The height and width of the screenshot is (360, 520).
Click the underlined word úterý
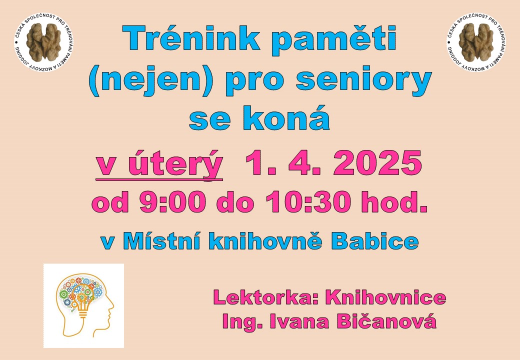pyautogui.click(x=175, y=163)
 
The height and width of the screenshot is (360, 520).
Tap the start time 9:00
pyautogui.click(x=172, y=202)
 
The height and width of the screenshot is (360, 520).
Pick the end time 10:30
pyautogui.click(x=308, y=202)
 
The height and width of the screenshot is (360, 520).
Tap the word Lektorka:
pyautogui.click(x=265, y=297)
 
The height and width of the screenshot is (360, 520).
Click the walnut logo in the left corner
pyautogui.click(x=44, y=42)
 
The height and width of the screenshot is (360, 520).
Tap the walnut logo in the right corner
pyautogui.click(x=476, y=42)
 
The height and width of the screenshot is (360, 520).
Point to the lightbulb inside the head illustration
pyautogui.click(x=82, y=301)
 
